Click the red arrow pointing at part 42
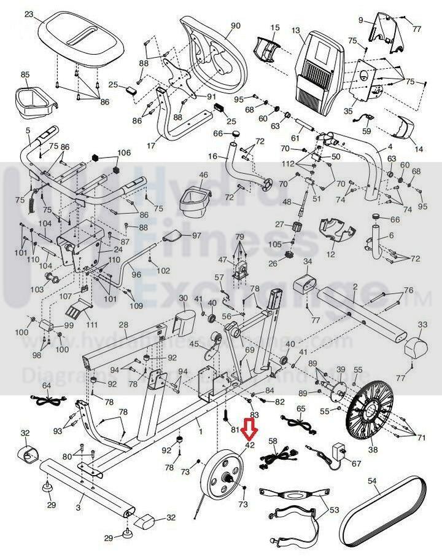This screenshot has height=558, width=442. coord(249,429)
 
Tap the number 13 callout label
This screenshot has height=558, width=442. coord(297,30)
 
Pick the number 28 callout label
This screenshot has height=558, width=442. coord(123,325)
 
